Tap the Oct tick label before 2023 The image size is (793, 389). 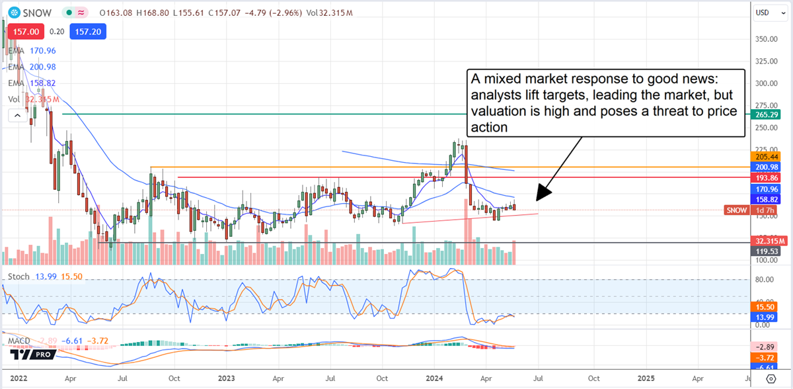point(174,380)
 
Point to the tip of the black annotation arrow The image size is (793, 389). point(537,199)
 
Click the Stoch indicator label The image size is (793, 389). point(19,276)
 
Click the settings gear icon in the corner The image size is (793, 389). point(771,379)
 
